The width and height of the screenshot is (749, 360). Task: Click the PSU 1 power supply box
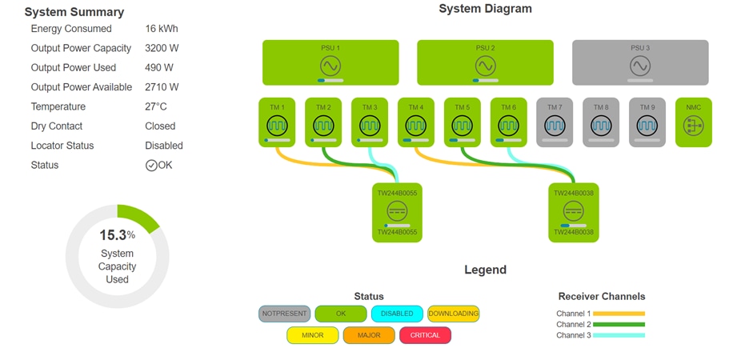(330, 62)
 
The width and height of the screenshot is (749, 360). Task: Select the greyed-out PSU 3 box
(640, 62)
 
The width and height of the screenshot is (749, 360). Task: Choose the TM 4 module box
(416, 122)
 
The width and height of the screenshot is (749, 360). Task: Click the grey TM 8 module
(601, 122)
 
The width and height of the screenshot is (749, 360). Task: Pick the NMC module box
(693, 122)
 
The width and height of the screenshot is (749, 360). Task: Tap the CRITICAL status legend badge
(425, 335)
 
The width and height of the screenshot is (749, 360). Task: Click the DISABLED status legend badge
(397, 314)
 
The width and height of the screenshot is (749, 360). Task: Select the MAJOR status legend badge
(369, 335)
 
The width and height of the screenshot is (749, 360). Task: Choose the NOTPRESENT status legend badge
(284, 314)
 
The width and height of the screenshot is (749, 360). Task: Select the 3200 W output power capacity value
(162, 48)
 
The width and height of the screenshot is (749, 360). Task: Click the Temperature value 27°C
(156, 106)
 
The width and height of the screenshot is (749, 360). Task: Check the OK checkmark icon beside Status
(151, 166)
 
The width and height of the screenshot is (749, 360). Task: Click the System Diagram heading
(485, 9)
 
